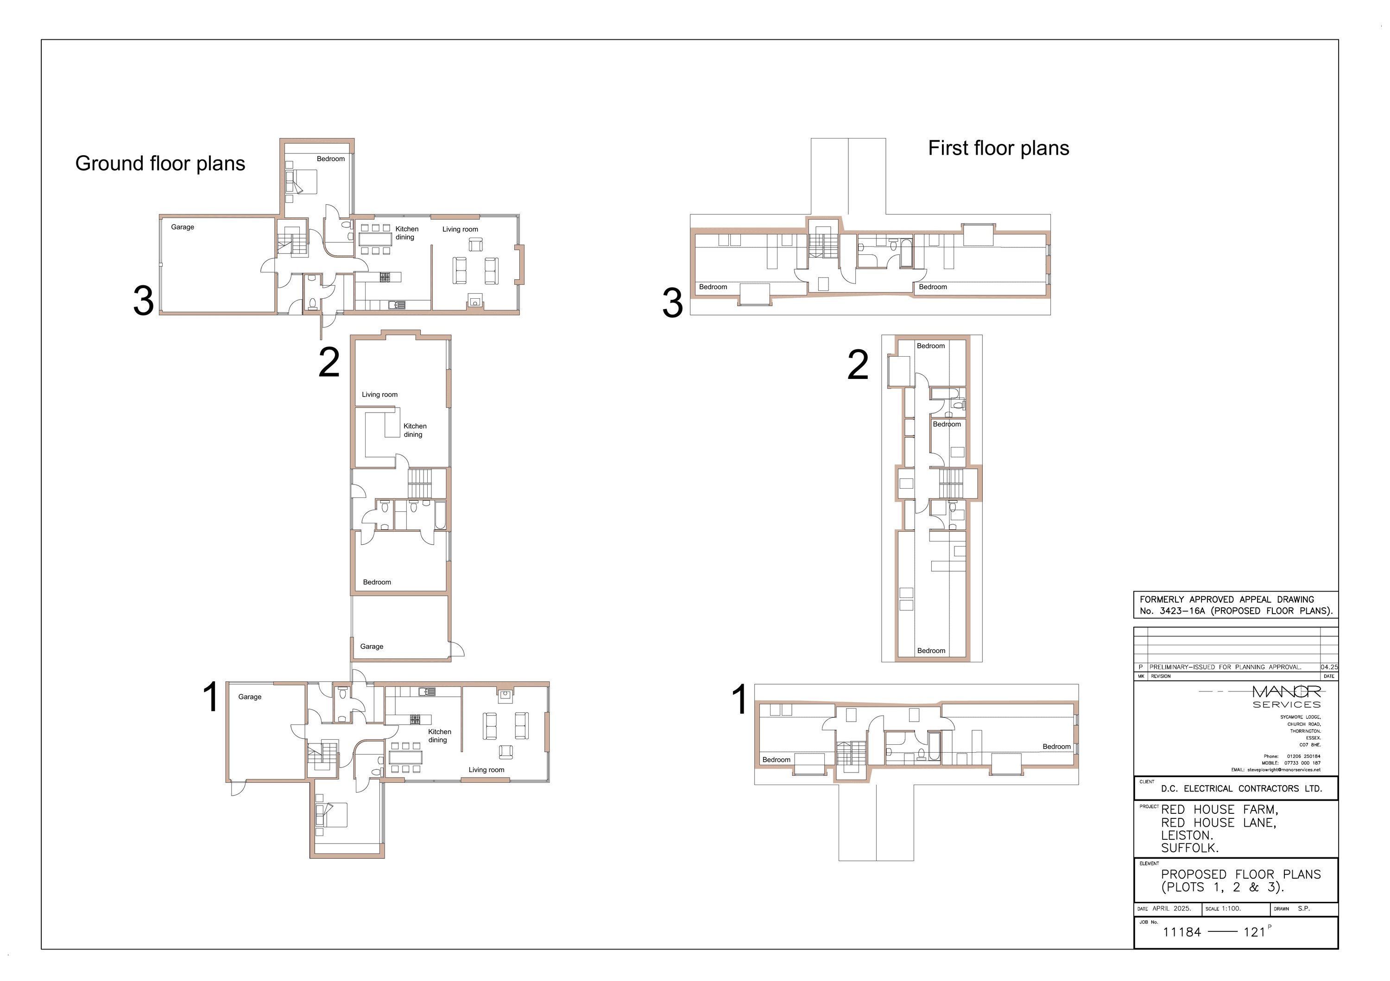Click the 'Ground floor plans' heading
[x=160, y=163]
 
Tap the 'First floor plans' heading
[x=999, y=148]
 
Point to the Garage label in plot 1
[x=249, y=697]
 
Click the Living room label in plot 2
[x=379, y=395]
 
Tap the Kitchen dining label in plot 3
[x=407, y=233]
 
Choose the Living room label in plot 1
[x=486, y=770]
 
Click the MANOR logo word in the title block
[x=1287, y=691]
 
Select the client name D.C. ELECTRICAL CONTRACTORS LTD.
[x=1242, y=789]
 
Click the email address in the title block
[x=1284, y=770]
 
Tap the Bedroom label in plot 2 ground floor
[x=377, y=582]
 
